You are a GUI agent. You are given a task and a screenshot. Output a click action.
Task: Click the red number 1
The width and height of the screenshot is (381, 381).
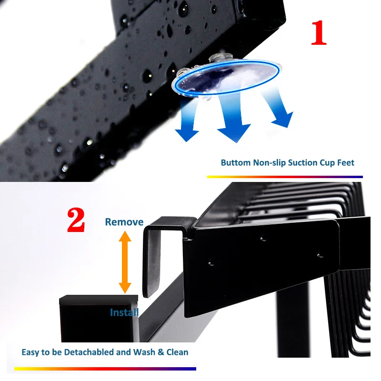319,33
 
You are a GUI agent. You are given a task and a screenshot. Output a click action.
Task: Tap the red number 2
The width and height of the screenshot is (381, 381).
76,220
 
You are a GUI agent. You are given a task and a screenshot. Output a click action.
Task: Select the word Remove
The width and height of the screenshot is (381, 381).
124,222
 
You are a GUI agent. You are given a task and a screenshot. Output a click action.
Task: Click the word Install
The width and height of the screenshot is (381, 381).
124,312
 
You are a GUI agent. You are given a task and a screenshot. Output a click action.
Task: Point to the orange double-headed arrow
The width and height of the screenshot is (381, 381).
125,262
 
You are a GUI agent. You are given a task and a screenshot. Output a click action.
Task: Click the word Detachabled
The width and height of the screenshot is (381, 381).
89,352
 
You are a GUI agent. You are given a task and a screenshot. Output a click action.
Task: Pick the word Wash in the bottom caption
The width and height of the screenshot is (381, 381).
144,352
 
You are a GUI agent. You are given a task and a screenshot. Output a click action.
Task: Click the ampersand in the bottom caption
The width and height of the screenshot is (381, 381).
160,352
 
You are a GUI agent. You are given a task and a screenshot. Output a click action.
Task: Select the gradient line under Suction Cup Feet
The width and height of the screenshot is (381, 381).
285,177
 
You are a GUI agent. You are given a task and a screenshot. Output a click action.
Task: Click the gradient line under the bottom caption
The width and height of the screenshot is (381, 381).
105,369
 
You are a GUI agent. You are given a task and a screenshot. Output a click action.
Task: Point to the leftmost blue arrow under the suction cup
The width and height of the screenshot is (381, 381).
188,121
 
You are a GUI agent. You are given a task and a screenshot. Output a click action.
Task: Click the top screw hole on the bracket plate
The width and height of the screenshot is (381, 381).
263,239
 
